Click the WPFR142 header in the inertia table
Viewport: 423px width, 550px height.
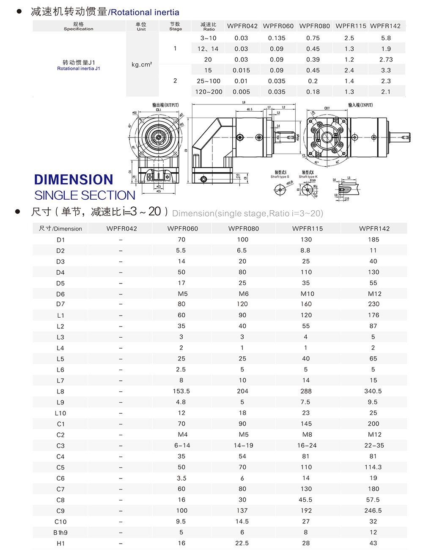pos(385,26)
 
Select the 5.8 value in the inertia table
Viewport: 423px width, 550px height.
pos(386,38)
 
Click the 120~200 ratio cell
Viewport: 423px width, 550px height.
pos(209,92)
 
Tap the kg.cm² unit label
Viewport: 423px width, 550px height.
pos(142,65)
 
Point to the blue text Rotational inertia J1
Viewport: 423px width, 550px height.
pos(79,69)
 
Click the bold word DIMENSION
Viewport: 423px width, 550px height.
pos(74,179)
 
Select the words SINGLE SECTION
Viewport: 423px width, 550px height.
pos(85,195)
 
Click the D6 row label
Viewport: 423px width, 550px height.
pos(60,294)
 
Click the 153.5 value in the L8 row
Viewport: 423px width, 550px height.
pos(181,391)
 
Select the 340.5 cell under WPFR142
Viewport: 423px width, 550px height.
pos(373,391)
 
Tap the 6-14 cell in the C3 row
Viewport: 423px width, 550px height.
pos(182,445)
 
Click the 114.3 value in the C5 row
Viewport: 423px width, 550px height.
pos(373,467)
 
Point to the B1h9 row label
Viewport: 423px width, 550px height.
pos(60,533)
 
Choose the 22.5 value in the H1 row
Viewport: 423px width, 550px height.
pos(242,543)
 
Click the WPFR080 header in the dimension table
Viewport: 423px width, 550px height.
pos(243,228)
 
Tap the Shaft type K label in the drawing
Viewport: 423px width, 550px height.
pos(308,177)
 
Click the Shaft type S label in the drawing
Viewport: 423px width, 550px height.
pos(280,177)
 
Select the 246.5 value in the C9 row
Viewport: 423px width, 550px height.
pos(373,511)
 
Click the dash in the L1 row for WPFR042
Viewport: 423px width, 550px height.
pos(121,316)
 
